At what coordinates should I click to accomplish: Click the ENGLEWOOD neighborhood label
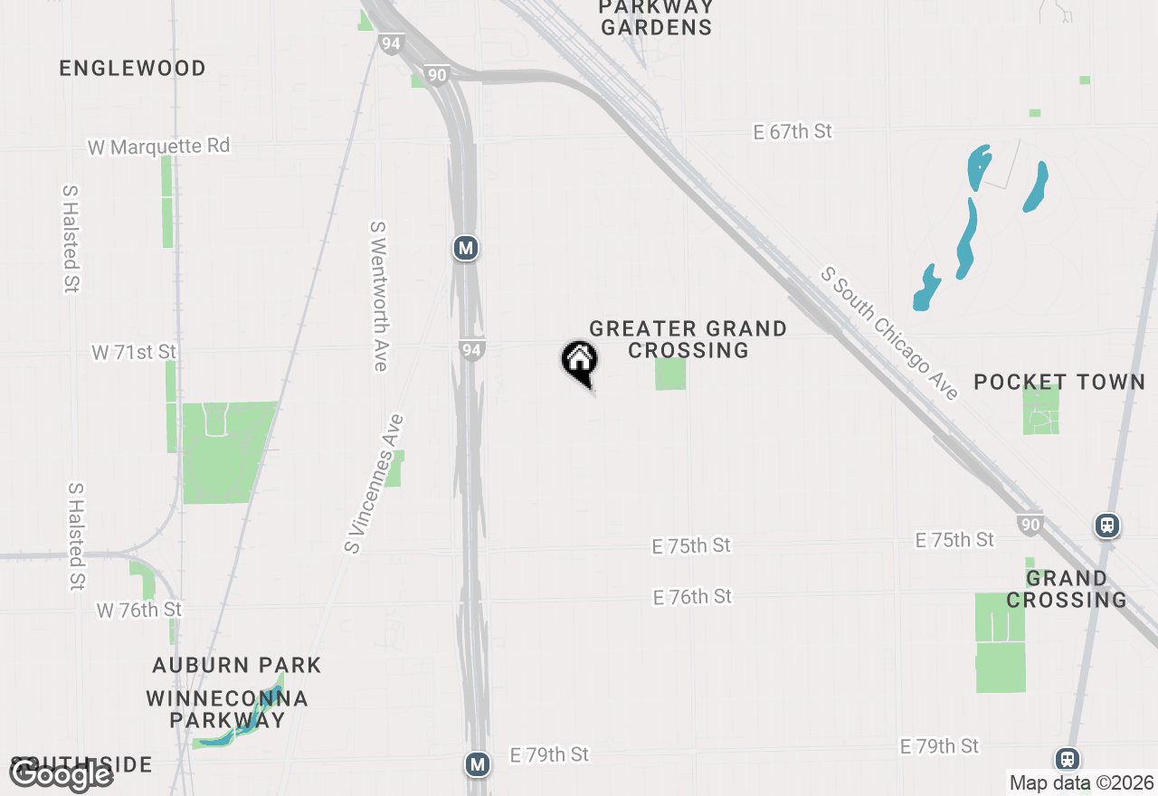133,69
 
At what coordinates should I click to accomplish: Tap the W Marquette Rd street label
159,146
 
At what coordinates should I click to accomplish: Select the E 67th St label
793,132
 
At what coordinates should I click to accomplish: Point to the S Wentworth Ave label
379,296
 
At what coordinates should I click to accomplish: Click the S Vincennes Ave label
374,484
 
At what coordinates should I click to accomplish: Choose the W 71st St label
134,352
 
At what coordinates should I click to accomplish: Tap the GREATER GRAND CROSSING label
688,339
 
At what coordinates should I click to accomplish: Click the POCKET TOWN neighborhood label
1059,382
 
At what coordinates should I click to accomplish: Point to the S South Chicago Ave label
889,334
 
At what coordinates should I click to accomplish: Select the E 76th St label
692,597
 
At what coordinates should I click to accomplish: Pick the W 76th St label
139,611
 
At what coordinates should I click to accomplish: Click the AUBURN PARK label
237,666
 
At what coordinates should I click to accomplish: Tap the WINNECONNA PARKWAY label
227,709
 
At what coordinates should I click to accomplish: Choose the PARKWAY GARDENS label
656,17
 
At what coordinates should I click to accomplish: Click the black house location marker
580,361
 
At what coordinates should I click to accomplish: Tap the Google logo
61,774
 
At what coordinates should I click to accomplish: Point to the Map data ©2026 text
1081,782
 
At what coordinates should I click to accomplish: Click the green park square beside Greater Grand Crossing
670,374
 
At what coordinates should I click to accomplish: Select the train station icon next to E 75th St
1107,525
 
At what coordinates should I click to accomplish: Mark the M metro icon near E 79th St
478,764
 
